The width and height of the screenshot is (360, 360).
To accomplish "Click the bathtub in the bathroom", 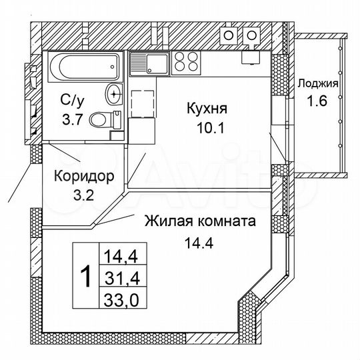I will (x=83, y=67).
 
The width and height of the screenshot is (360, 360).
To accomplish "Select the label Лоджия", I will (x=317, y=84).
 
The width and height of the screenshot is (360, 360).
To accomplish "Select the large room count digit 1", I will (x=85, y=275).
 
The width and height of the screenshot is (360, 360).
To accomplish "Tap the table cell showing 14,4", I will (x=121, y=254).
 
